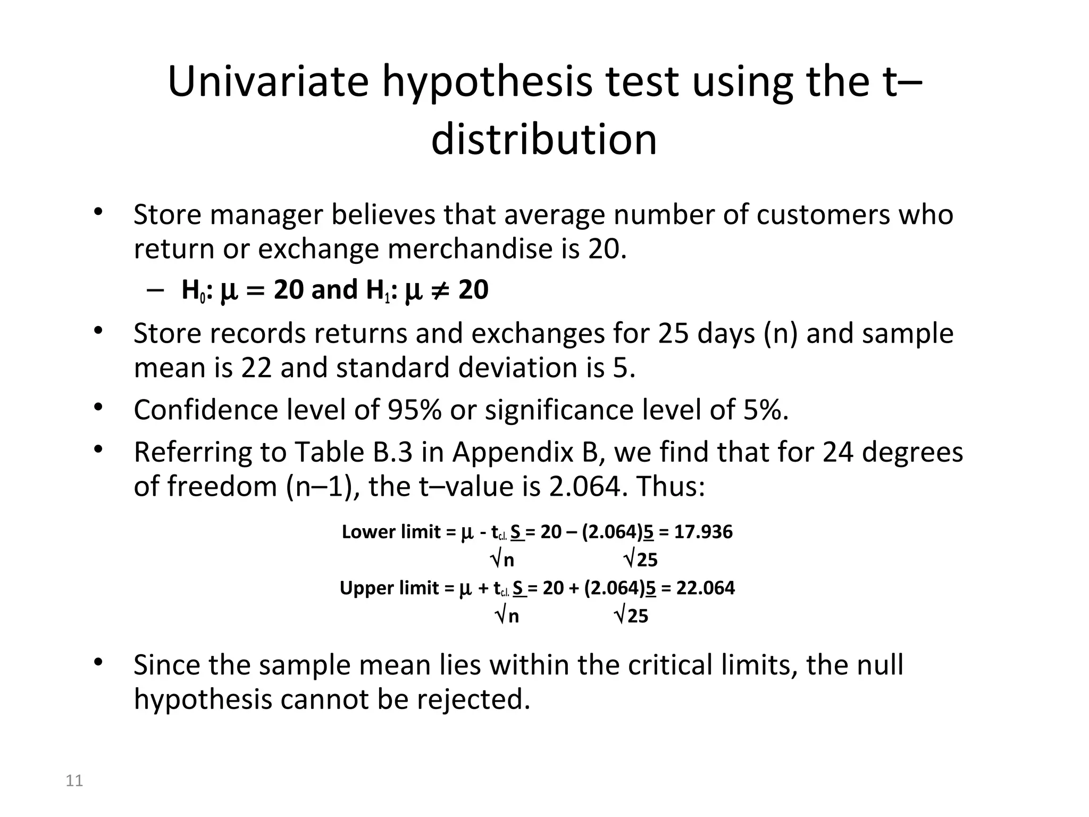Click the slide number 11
pyautogui.click(x=74, y=781)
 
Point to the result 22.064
pyautogui.click(x=705, y=588)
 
